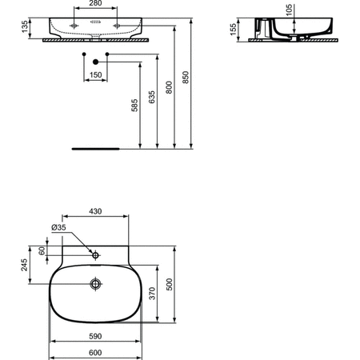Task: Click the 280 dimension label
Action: pos(95,3)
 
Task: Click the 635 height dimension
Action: pos(151,98)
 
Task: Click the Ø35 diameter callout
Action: pos(58,227)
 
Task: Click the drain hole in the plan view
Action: pos(95,283)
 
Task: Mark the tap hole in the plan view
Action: pos(95,255)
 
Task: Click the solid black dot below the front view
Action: pos(95,62)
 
